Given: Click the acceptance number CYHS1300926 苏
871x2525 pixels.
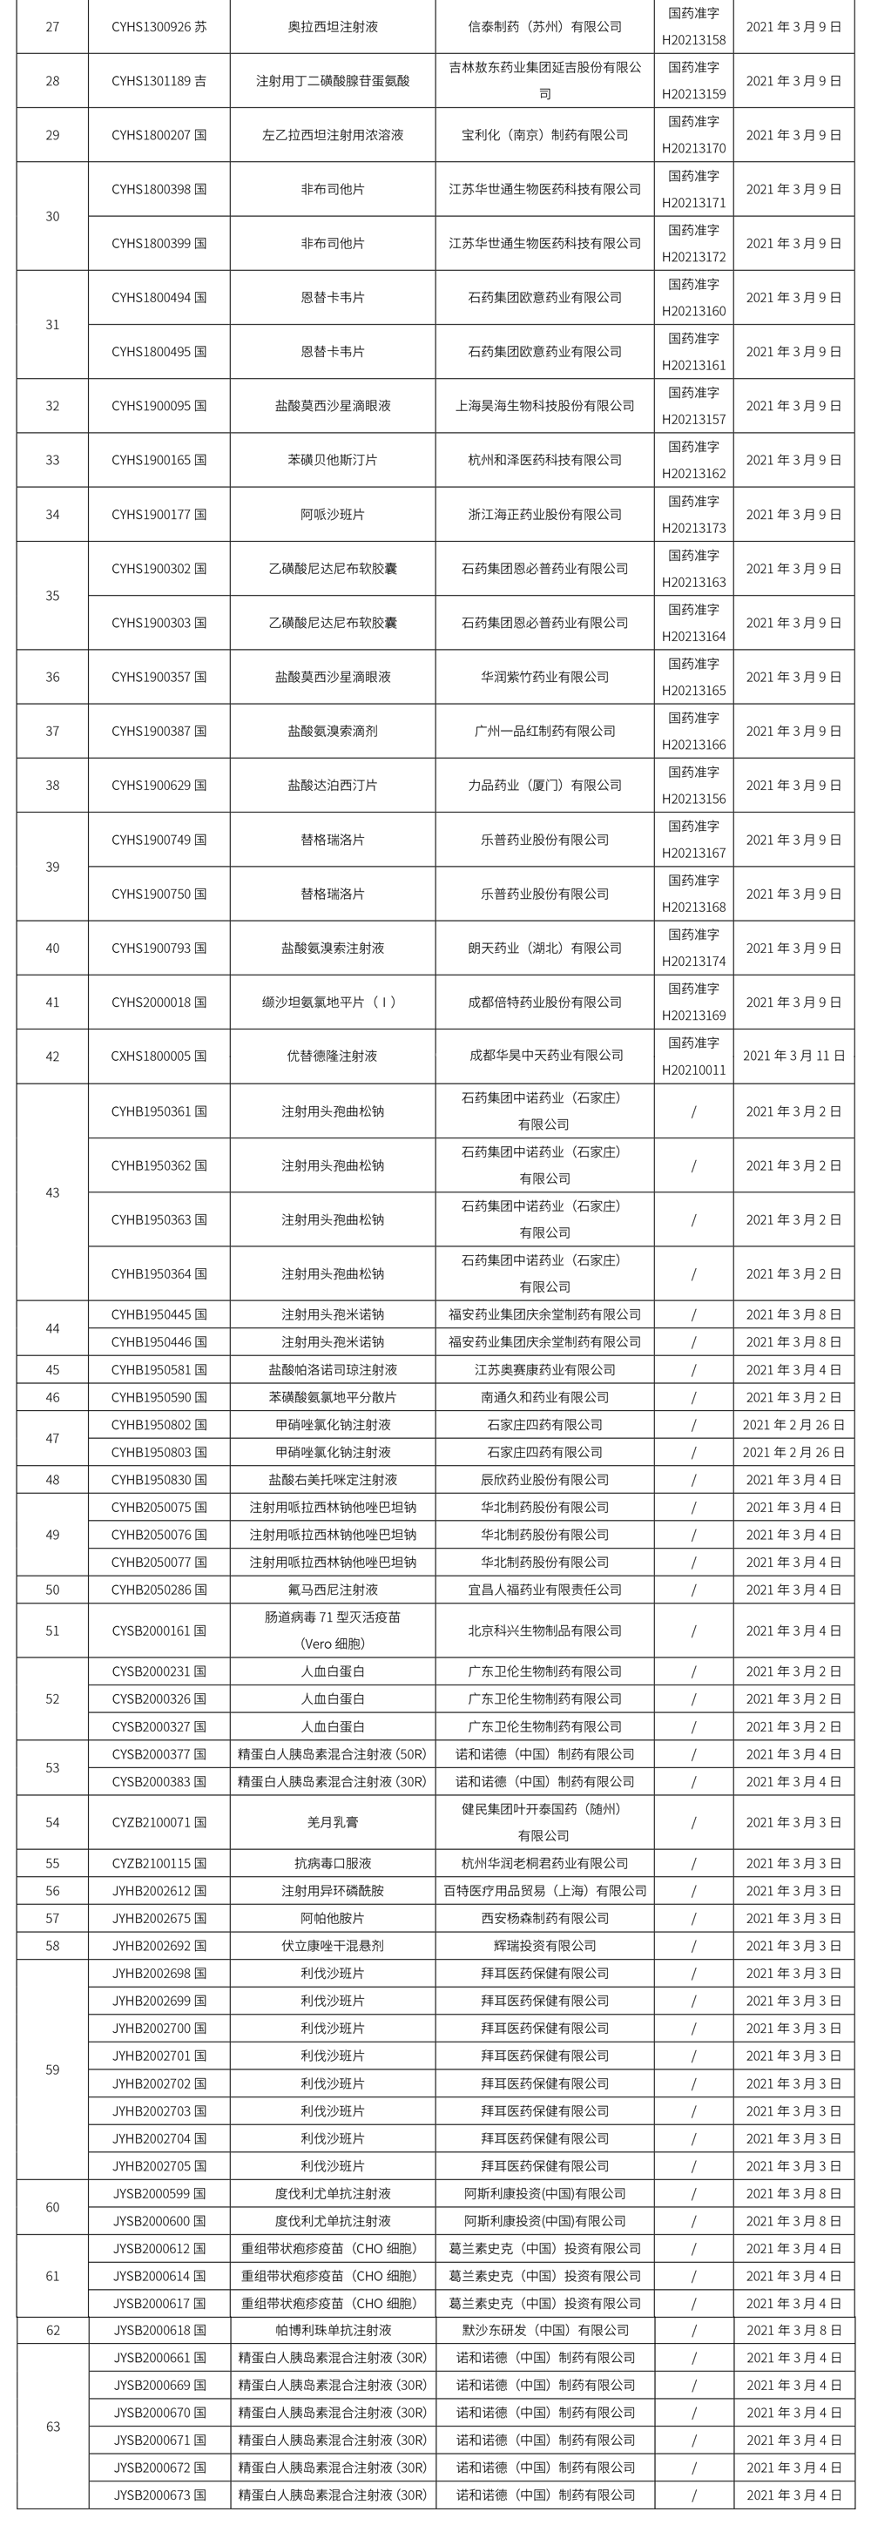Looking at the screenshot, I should click(159, 26).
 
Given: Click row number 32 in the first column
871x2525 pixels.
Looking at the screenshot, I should click(53, 406).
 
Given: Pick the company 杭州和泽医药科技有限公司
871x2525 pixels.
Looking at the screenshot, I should click(544, 460).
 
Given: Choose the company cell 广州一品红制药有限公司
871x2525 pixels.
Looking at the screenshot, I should click(544, 732).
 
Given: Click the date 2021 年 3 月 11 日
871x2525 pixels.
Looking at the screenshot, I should click(793, 1057).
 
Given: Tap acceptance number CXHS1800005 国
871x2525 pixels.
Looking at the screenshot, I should click(159, 1057).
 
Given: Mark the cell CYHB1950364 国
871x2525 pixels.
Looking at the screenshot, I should click(159, 1274).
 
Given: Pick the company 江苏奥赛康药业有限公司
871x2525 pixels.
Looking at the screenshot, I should click(544, 1369).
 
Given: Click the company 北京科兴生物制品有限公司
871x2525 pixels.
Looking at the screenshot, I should click(544, 1631).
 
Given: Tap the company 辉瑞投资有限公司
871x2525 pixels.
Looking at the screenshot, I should click(544, 1946).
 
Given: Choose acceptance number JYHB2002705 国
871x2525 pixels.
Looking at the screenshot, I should click(159, 2165).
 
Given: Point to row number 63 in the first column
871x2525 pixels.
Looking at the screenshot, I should click(53, 2426).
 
